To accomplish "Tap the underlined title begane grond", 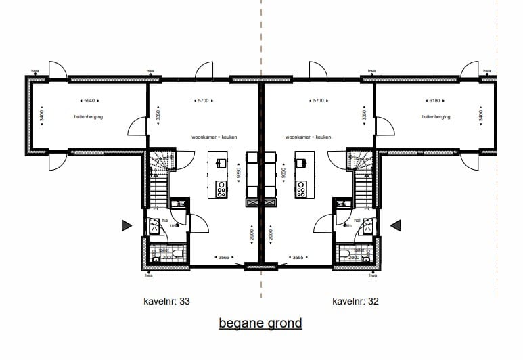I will (260, 323).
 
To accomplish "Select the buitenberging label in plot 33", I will (88, 117).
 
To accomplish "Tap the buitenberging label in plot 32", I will (436, 117).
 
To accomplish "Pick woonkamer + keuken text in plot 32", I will (309, 137).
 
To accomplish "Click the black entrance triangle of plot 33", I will (126, 225).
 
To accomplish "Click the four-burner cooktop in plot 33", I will (221, 189).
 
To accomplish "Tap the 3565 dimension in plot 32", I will (298, 257).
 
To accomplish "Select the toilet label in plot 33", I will (162, 250).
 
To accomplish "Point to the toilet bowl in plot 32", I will (346, 255).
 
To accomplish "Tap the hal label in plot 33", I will (164, 220).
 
